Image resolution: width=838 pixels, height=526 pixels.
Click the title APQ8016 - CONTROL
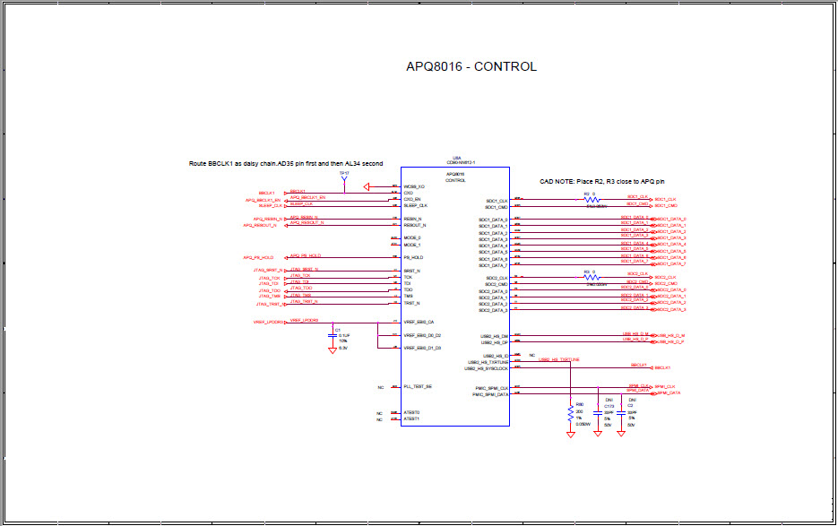click(471, 66)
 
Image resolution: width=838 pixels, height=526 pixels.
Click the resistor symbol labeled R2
click(591, 201)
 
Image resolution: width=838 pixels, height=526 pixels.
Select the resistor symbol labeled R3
click(591, 278)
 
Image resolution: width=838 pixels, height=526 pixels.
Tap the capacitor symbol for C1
click(333, 335)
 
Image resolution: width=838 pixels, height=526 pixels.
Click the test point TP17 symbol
click(344, 178)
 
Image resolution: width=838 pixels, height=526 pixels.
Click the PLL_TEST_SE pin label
click(418, 386)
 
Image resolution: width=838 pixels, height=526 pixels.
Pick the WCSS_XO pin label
click(414, 186)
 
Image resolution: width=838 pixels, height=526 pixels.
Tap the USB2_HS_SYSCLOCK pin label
click(486, 368)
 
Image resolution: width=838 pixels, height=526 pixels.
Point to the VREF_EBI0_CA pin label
click(419, 322)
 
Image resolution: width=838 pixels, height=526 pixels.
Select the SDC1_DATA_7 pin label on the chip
click(493, 265)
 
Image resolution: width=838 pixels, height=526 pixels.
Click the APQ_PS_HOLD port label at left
click(258, 257)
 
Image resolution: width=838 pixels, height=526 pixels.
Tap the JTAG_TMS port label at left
click(270, 297)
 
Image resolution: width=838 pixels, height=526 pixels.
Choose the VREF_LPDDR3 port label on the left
click(268, 322)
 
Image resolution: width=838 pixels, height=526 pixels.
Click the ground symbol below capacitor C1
click(333, 351)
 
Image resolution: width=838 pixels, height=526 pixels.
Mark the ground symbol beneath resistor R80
click(570, 435)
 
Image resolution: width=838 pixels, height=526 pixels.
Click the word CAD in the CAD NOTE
click(547, 181)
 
